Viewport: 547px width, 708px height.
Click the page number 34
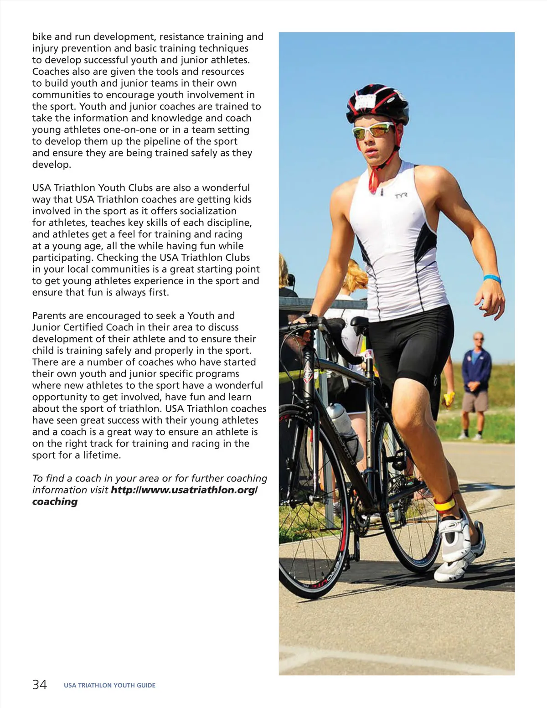pyautogui.click(x=39, y=684)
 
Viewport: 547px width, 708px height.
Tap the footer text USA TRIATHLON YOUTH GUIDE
pyautogui.click(x=109, y=685)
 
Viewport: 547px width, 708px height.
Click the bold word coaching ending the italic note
pyautogui.click(x=55, y=501)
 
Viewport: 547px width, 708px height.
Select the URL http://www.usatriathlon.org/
pyautogui.click(x=184, y=490)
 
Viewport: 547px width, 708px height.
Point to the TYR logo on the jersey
pyautogui.click(x=401, y=196)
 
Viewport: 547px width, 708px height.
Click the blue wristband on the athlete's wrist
pyautogui.click(x=492, y=279)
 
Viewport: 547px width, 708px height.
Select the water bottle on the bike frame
pyautogui.click(x=343, y=426)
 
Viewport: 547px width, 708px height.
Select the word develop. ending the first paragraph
pyautogui.click(x=52, y=165)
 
